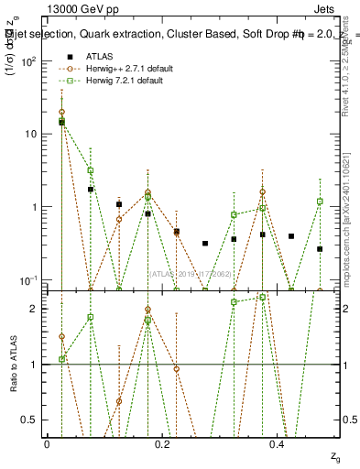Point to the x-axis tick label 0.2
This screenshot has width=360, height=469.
point(162,442)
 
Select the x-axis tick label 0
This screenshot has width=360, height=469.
point(47,442)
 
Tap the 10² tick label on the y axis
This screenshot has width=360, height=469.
point(30,61)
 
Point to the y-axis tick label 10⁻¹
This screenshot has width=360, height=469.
point(30,278)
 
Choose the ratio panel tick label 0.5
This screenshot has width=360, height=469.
point(33,420)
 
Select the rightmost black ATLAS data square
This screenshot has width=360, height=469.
point(320,248)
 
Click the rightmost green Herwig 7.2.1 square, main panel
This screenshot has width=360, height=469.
point(320,201)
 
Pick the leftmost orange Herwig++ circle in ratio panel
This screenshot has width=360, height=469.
point(61,337)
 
